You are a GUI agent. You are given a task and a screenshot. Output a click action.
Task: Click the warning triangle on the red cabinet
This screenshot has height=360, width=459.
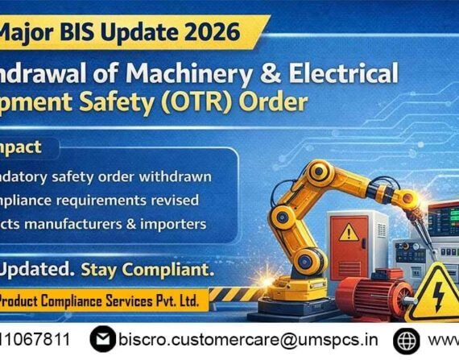coord(348,232)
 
